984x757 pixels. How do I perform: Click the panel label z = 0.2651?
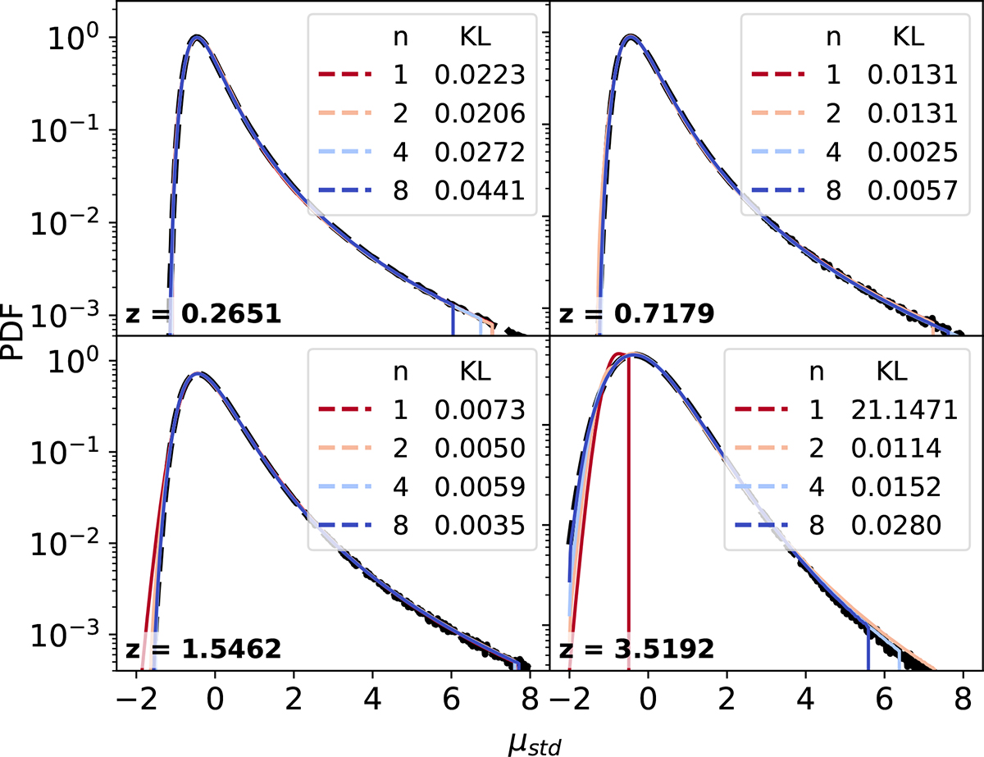pos(203,314)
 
